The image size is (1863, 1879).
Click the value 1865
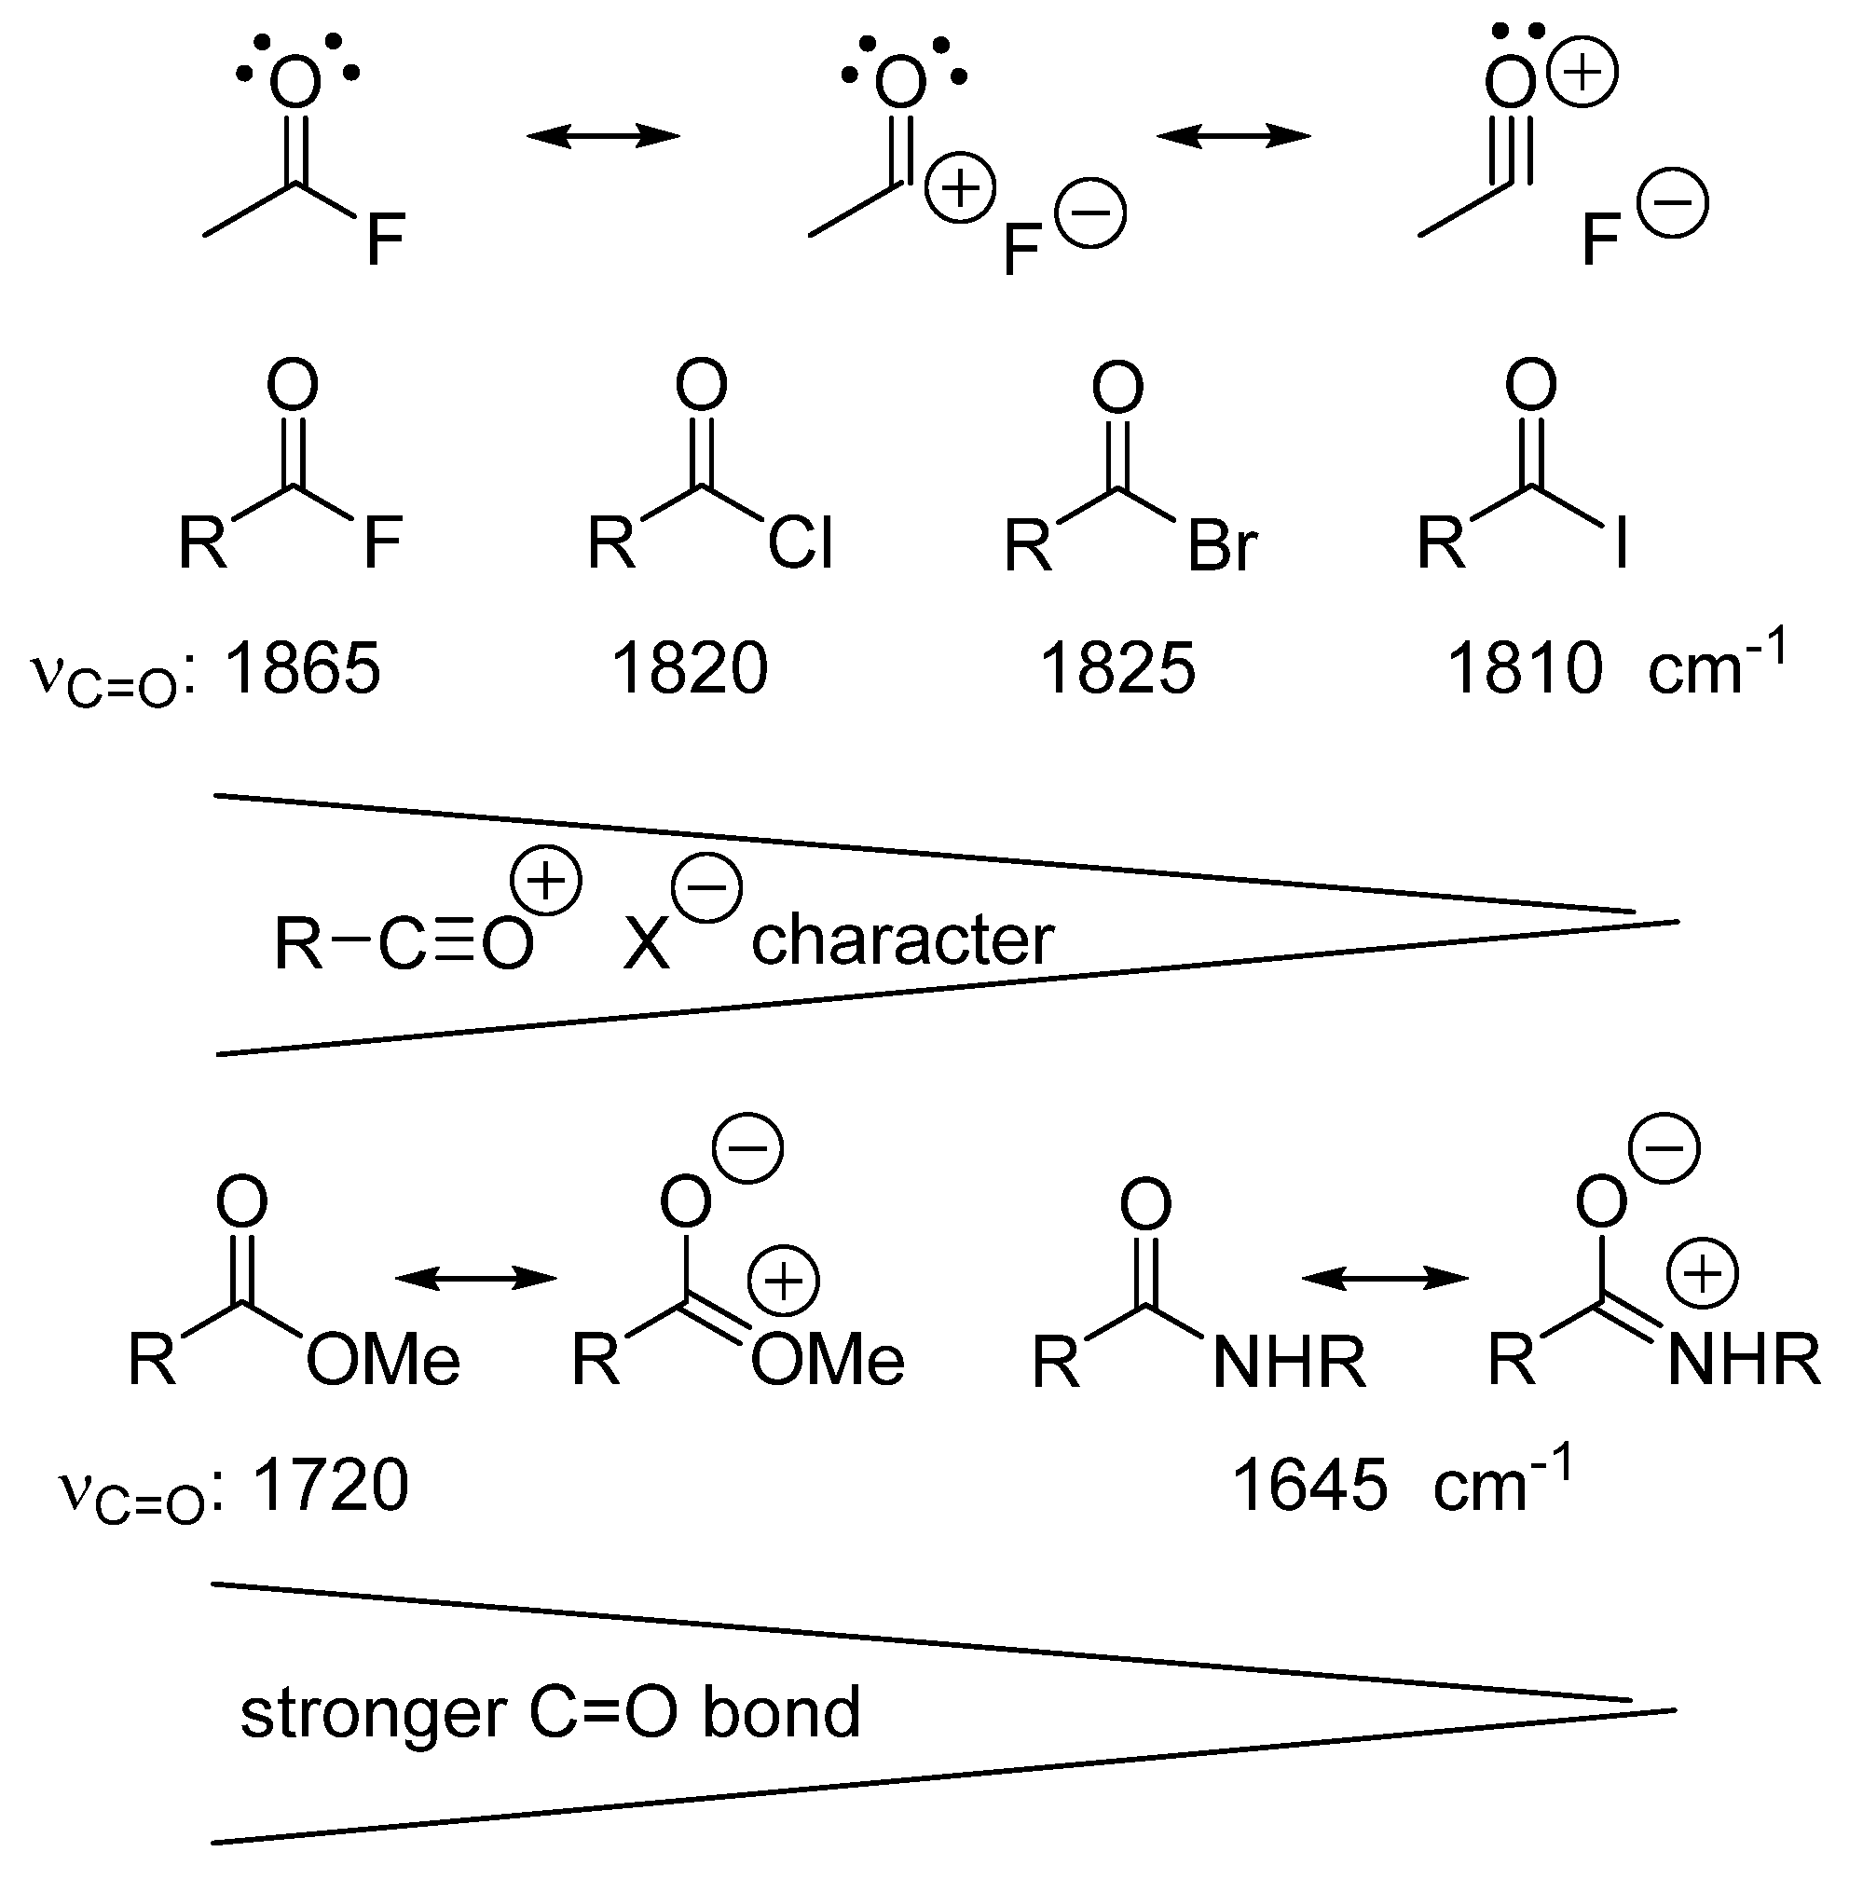[x=302, y=669]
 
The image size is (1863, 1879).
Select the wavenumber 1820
[x=690, y=669]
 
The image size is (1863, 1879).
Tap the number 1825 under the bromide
[x=1117, y=669]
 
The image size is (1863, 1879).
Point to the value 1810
[x=1525, y=669]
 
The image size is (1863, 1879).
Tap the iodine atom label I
[x=1620, y=543]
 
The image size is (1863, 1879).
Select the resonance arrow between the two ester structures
[x=475, y=1278]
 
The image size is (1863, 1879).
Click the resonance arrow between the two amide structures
[x=1385, y=1278]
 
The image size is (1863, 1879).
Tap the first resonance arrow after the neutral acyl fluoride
[x=603, y=136]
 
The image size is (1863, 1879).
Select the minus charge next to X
[x=706, y=886]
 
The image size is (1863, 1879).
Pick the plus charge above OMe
[x=784, y=1281]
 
